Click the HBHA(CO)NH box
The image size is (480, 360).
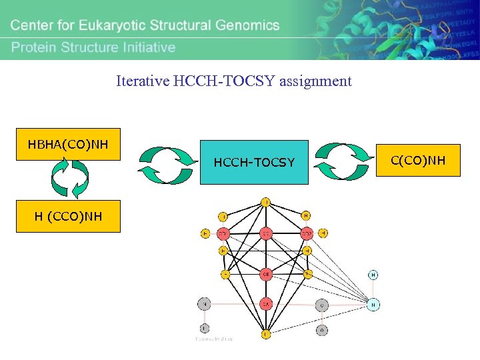(x=68, y=144)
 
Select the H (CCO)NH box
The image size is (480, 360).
(x=68, y=216)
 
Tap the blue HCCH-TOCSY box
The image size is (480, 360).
(x=254, y=162)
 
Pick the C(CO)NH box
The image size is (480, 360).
(x=427, y=160)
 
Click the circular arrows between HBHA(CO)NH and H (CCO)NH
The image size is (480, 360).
(x=70, y=179)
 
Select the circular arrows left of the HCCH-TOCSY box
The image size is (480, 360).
(x=167, y=164)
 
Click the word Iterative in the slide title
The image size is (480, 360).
(x=143, y=81)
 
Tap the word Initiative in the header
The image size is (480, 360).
(x=145, y=47)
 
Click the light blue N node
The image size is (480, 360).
(x=373, y=305)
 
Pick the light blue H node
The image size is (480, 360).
(x=373, y=275)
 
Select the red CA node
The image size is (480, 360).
(x=266, y=304)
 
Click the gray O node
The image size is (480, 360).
(x=322, y=329)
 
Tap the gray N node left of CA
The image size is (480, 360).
(x=205, y=304)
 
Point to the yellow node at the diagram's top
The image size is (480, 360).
(x=266, y=201)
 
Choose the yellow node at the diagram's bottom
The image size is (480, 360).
(x=266, y=334)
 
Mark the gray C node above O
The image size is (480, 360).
(x=322, y=305)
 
